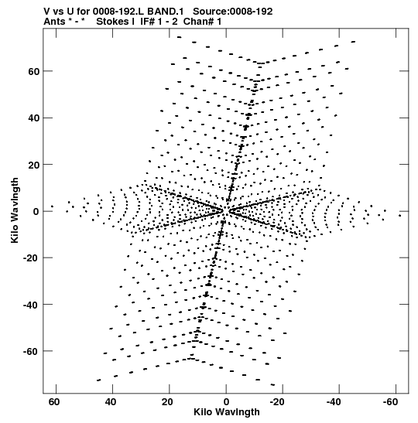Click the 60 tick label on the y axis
click(x=34, y=71)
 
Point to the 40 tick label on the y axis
click(x=34, y=118)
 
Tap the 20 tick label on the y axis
click(x=34, y=165)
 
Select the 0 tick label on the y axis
click(x=36, y=212)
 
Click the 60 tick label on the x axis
click(x=54, y=402)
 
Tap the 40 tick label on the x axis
click(x=111, y=402)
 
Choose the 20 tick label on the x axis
click(x=167, y=402)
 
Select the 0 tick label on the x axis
click(x=226, y=402)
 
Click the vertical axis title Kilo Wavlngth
click(x=15, y=210)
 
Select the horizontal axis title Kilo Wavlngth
click(x=227, y=412)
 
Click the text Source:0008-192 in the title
click(x=233, y=12)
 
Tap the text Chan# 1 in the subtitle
click(x=202, y=22)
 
